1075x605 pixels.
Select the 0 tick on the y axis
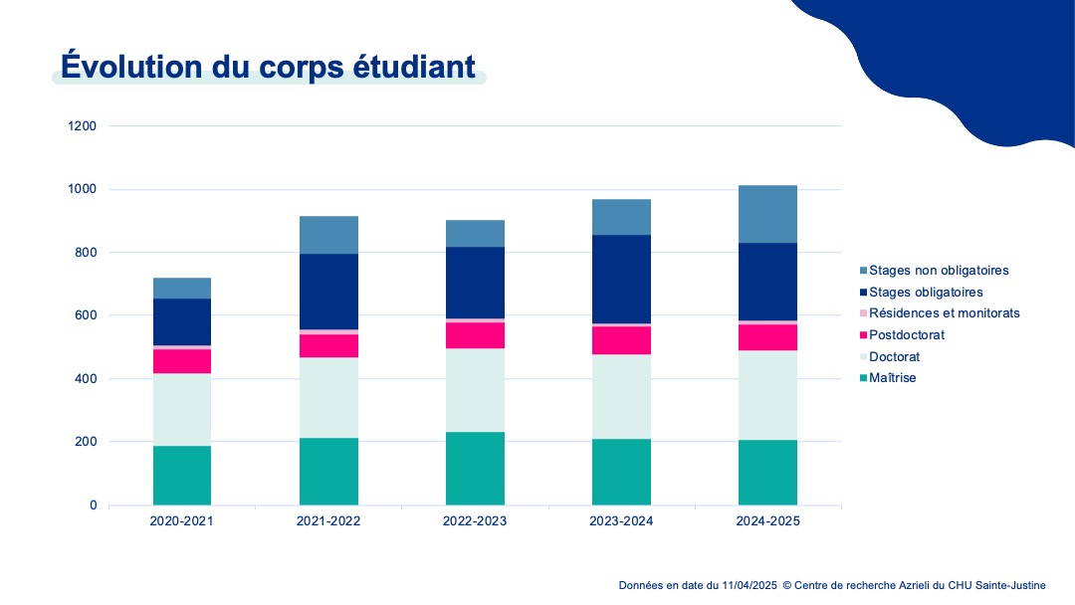click(92, 505)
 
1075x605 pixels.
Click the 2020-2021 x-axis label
click(181, 521)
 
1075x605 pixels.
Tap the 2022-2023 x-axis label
click(475, 521)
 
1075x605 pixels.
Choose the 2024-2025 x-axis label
click(767, 521)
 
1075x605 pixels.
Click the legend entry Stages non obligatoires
click(939, 270)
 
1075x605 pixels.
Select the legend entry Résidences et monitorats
click(944, 313)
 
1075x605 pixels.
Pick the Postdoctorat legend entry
click(906, 335)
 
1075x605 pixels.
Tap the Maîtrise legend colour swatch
click(862, 378)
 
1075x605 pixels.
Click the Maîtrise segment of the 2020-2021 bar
click(182, 476)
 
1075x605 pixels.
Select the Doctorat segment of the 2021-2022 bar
click(328, 398)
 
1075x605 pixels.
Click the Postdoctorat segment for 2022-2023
click(475, 335)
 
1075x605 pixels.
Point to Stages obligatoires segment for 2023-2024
click(621, 280)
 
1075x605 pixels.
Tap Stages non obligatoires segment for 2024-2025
click(767, 214)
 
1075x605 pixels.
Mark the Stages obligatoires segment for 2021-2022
click(328, 292)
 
